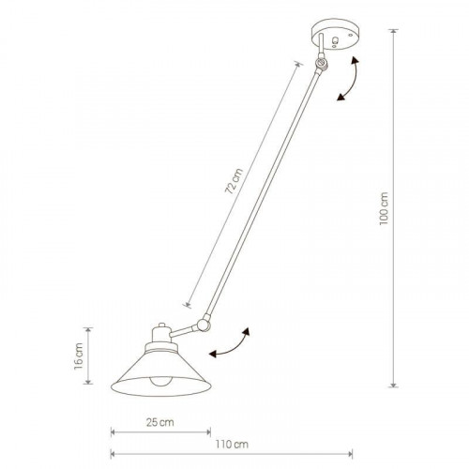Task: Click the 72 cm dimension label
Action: pos(234,181)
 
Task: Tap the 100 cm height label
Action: pos(384,208)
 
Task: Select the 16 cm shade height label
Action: pos(79,356)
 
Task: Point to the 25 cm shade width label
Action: pos(160,422)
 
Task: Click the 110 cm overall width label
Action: pos(232,445)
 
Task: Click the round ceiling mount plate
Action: pos(335,34)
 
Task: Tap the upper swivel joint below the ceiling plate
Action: pos(321,64)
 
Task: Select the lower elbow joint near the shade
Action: pos(204,325)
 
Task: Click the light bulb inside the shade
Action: pos(159,382)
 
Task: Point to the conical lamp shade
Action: pos(161,372)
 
